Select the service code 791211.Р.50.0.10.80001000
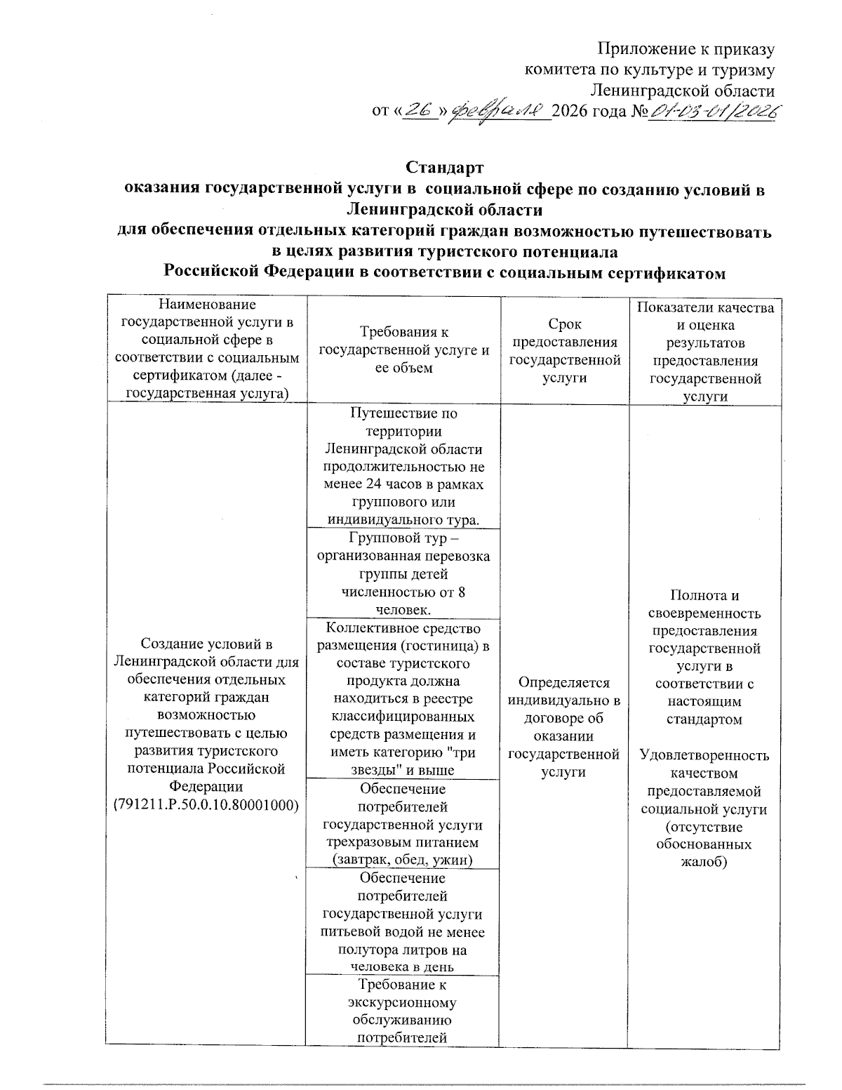[206, 804]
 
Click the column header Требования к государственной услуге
[403, 350]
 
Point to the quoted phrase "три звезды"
[429, 762]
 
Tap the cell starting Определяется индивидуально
[565, 726]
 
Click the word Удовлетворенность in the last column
[704, 755]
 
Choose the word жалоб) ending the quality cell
[704, 862]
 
